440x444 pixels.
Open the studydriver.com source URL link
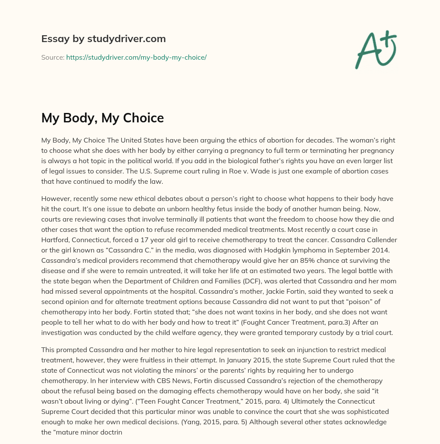click(136, 57)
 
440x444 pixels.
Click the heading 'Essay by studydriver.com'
click(104, 39)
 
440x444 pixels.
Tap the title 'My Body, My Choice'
click(103, 118)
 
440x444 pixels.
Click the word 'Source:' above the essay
click(52, 57)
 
